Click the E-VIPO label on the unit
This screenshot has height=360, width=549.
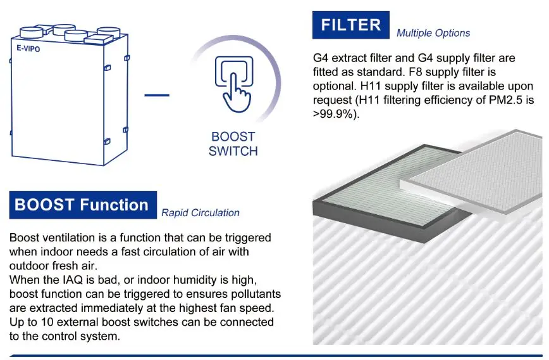[28, 48]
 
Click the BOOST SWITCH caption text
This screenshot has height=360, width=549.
[233, 144]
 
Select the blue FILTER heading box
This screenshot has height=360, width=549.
[351, 25]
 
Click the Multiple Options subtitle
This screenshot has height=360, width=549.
[433, 33]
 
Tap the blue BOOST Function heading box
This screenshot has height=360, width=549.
[83, 205]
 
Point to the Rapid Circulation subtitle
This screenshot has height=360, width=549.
[200, 212]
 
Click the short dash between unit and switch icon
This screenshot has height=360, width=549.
[157, 94]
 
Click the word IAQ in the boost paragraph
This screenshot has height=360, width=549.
[73, 280]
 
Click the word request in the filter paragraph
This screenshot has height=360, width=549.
[332, 100]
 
